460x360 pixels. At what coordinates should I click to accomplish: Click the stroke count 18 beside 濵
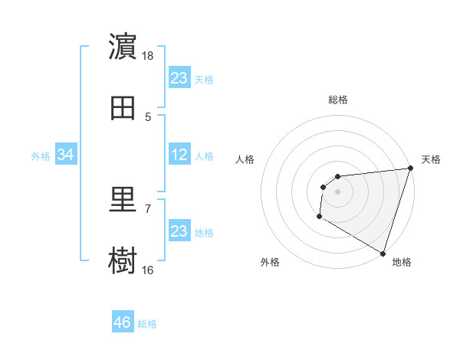(148, 56)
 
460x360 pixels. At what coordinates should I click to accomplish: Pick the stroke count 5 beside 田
(148, 116)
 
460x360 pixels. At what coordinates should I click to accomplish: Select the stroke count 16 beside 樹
(148, 270)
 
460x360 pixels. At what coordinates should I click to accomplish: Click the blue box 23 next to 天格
(179, 78)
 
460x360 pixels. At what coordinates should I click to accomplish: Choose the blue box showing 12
(179, 155)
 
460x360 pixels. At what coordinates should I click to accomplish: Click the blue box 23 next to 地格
(179, 231)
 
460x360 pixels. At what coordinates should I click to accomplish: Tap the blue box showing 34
(66, 155)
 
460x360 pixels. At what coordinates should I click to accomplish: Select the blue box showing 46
(123, 322)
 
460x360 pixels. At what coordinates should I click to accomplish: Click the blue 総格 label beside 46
(147, 324)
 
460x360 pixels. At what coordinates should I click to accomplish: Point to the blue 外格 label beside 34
(41, 156)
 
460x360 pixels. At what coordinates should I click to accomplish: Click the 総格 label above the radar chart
(337, 100)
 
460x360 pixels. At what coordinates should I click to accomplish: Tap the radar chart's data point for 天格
(409, 169)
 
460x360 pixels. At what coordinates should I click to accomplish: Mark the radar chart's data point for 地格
(382, 253)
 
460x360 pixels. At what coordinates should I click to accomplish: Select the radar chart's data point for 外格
(319, 217)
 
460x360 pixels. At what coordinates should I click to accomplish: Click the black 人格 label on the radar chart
(245, 159)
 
